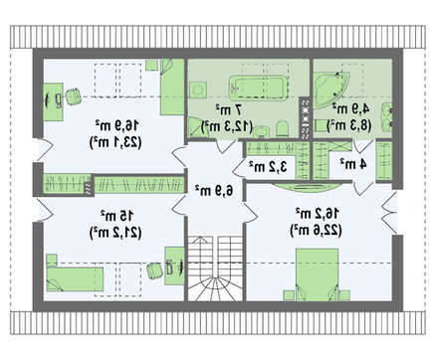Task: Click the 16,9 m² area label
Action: pos(117,125)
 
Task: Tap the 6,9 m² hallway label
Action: pos(215,190)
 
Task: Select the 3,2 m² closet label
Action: pos(268,166)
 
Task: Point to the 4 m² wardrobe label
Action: pos(353,163)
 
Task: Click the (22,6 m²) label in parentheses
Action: pos(317,230)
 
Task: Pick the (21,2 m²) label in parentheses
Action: pos(115,233)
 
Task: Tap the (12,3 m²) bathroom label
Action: pos(228,126)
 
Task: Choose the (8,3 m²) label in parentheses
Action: pos(349,125)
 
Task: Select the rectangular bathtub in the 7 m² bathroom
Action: pos(258,88)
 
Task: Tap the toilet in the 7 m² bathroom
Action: pos(282,128)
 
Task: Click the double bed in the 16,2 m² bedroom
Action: pos(317,274)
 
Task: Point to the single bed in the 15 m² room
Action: pos(75,279)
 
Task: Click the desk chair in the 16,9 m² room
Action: pos(74,96)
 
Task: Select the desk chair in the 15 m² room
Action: pos(154,270)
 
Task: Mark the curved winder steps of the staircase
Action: pos(215,289)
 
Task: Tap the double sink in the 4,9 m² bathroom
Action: pos(387,115)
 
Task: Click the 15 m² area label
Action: pos(117,216)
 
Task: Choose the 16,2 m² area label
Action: pos(318,213)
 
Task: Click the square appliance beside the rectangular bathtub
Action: pos(198,90)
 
